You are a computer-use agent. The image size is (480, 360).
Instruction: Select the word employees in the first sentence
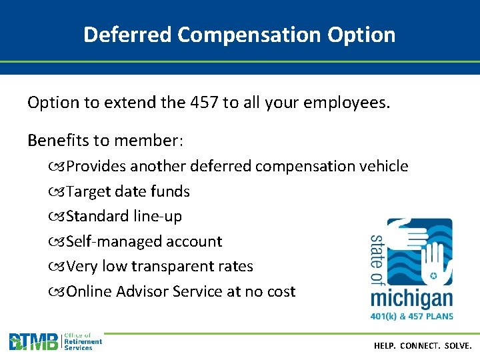coord(346,103)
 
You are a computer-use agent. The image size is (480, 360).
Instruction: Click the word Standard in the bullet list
coord(99,217)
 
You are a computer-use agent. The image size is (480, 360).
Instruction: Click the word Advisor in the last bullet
coord(143,291)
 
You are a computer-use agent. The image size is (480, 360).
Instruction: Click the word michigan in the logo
coord(411,297)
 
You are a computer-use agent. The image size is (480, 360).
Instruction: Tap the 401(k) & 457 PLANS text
coord(411,316)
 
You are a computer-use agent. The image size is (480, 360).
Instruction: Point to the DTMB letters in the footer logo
coord(33,342)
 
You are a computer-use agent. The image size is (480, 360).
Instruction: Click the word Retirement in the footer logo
coord(83,341)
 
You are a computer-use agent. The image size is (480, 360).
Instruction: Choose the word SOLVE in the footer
coord(458,347)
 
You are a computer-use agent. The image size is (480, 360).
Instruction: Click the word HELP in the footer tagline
coord(385,347)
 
